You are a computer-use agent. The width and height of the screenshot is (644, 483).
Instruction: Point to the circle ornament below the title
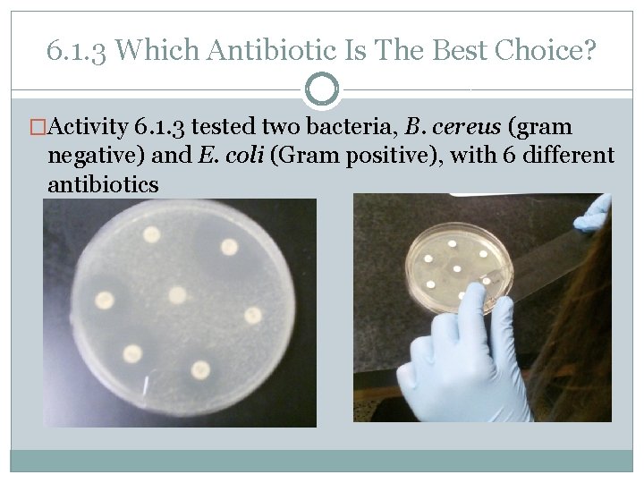[322, 89]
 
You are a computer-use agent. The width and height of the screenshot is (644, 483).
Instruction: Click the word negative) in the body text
[90, 156]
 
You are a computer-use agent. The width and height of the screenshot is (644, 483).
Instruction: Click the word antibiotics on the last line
[103, 184]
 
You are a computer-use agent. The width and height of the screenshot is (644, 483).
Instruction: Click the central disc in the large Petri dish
[177, 295]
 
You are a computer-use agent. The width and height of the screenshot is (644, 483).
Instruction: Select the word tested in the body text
[230, 127]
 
